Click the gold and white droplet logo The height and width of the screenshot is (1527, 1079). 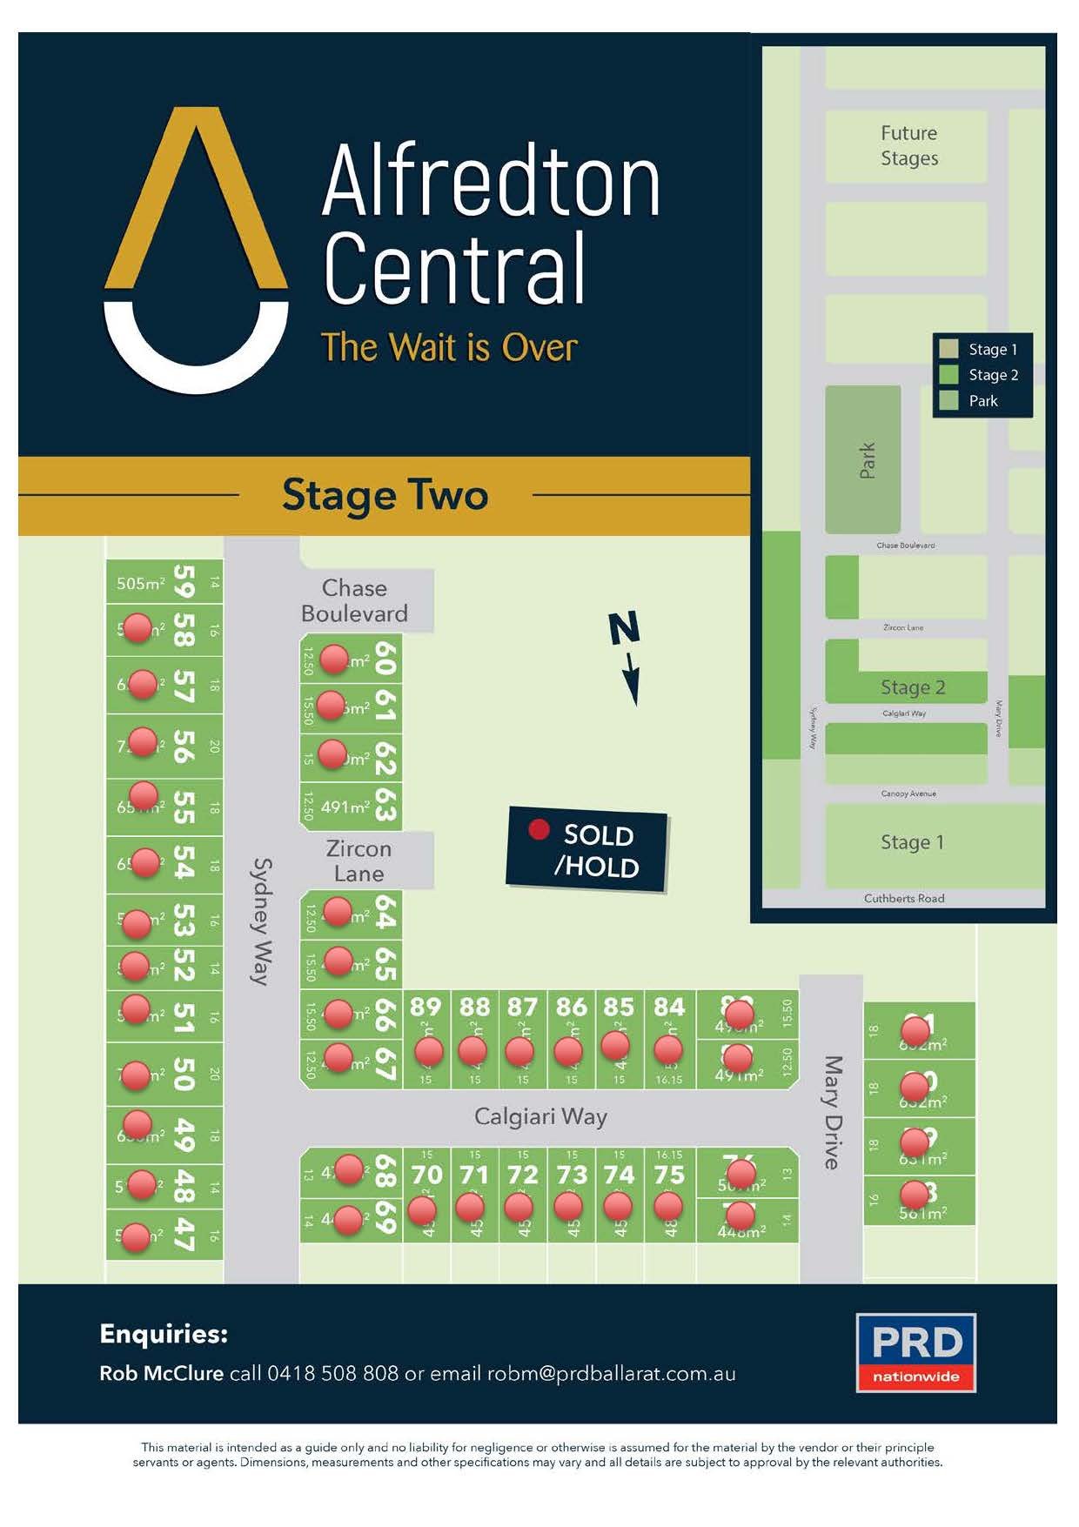tap(196, 252)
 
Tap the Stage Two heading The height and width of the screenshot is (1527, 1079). tap(385, 495)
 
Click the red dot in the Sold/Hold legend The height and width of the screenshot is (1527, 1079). tap(539, 830)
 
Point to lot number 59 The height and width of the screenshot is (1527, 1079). tap(184, 582)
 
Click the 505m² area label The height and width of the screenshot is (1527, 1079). tap(141, 584)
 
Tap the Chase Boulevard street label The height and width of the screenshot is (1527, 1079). tap(354, 600)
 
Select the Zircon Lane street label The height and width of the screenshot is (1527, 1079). tap(359, 861)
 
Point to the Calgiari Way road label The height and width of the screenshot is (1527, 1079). tap(540, 1116)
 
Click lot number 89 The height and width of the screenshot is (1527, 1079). tap(426, 1007)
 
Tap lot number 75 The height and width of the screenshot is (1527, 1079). tap(669, 1175)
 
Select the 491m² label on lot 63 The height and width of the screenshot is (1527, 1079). tap(345, 807)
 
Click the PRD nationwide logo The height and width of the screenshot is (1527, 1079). tap(915, 1352)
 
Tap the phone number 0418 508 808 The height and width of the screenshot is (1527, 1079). tap(332, 1374)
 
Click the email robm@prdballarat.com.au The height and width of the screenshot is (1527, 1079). tap(611, 1374)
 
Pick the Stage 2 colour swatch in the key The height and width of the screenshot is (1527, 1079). tap(948, 375)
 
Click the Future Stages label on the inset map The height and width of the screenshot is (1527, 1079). tap(909, 145)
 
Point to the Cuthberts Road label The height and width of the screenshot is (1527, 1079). tap(904, 898)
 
